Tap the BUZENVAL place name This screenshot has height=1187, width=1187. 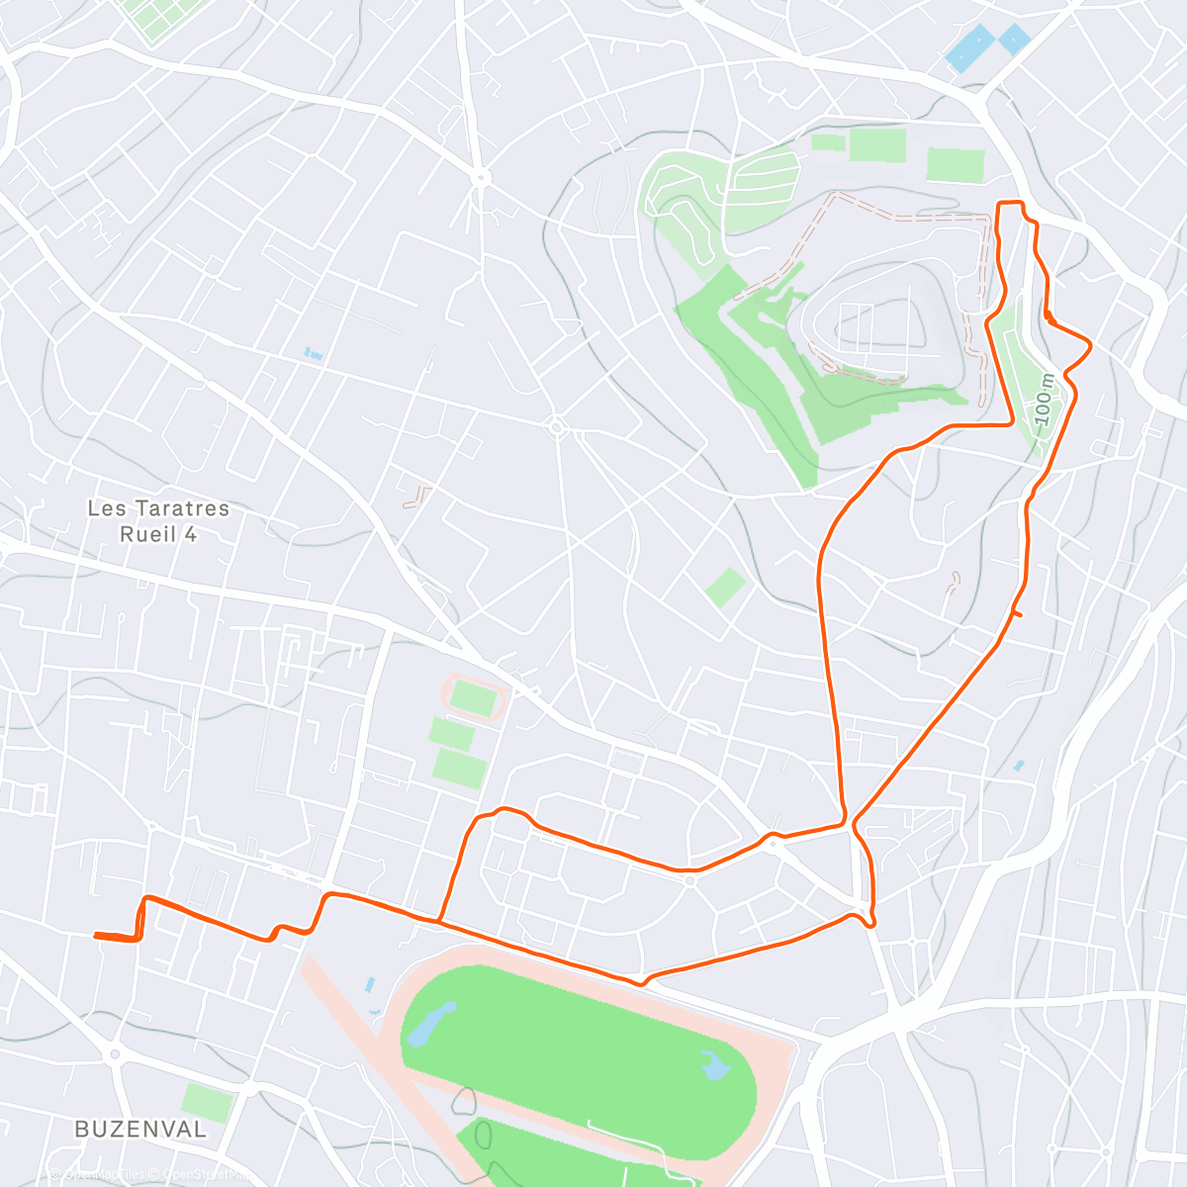[140, 1129]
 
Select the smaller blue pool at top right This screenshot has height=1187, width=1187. [1014, 39]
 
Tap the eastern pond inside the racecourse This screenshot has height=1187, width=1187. [713, 1065]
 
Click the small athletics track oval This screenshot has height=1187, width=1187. [474, 698]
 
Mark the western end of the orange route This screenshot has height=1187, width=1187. [96, 935]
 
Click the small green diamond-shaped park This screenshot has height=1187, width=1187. [725, 588]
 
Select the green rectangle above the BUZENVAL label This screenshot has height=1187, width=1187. [208, 1102]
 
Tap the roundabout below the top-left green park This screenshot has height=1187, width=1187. [481, 179]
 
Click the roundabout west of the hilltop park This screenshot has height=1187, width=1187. [556, 427]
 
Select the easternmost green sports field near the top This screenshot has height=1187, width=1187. [956, 164]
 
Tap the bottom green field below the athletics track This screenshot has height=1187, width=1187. [459, 769]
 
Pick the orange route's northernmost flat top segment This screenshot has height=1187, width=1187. [1008, 204]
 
